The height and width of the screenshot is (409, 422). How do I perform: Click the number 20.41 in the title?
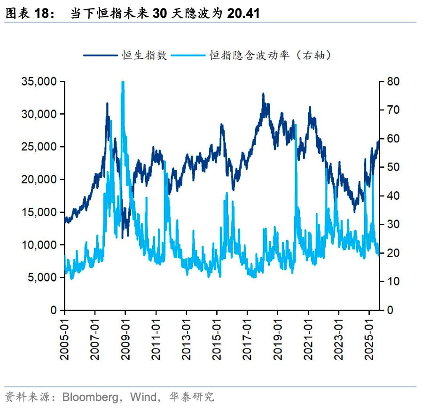click(x=243, y=14)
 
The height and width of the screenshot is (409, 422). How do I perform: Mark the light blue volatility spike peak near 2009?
click(x=123, y=83)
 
